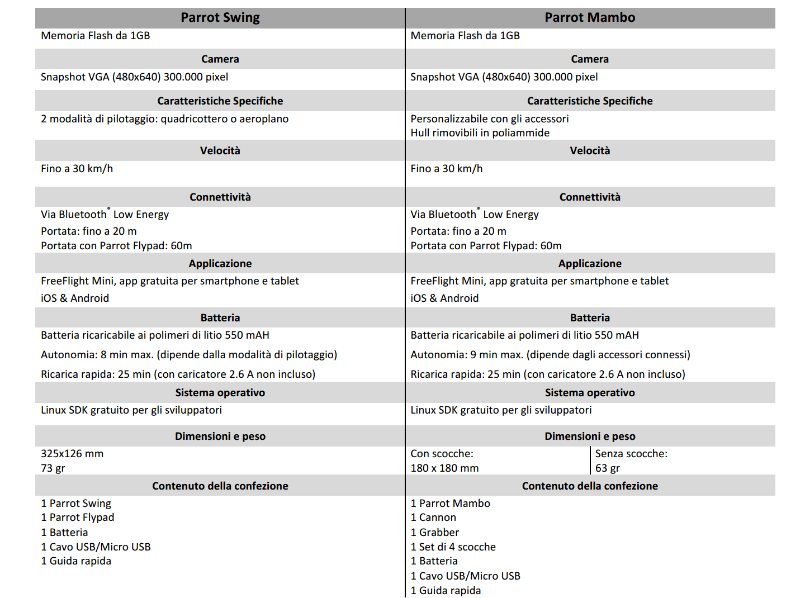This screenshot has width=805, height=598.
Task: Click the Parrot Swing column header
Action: point(220,18)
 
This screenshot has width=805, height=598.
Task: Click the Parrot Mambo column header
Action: point(590,18)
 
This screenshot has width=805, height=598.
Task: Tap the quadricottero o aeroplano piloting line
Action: point(164,119)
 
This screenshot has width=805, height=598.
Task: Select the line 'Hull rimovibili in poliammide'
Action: point(480,133)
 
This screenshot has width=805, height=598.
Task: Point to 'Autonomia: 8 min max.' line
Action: point(188,355)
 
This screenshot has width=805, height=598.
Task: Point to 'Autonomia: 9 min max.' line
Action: point(550,355)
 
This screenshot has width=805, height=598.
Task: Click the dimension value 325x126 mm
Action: point(72,454)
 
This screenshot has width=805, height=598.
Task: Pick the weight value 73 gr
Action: point(53,468)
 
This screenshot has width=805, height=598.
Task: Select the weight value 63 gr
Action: point(608,468)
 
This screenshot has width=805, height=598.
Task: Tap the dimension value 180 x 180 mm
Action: point(444,468)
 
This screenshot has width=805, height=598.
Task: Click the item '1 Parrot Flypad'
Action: point(77,518)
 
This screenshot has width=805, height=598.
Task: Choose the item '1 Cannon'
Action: point(433,518)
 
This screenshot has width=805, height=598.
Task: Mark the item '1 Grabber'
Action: point(434,533)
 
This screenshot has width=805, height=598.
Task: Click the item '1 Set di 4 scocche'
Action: point(453,547)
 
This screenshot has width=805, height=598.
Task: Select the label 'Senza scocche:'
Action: point(631,454)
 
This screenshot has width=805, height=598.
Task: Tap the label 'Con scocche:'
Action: point(442,454)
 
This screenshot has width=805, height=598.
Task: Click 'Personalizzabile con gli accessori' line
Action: point(489,119)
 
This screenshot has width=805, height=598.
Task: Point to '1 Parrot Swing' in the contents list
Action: point(76,504)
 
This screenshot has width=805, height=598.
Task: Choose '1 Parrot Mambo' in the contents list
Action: point(450,504)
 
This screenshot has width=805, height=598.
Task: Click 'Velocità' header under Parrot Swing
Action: point(220,151)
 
